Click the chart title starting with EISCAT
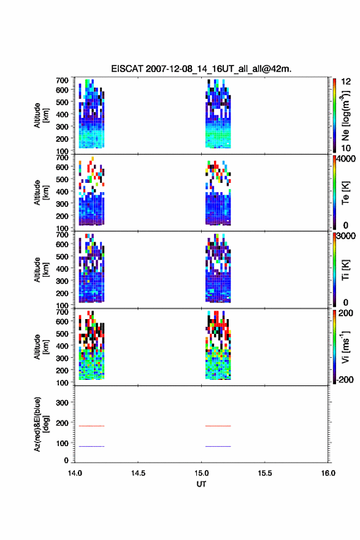pos(201,69)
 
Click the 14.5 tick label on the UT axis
pos(138,473)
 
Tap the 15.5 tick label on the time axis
pos(265,473)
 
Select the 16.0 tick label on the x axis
pos(328,473)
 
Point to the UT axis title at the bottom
pos(201,484)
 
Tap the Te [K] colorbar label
pos(345,193)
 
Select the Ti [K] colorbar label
pos(345,270)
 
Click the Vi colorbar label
pos(345,347)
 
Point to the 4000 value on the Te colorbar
pos(346,159)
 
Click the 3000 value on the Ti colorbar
pos(346,236)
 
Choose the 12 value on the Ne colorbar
pos(346,82)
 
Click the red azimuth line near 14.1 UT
pos(91,426)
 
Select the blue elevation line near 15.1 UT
pos(218,446)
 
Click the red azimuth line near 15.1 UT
pos(218,426)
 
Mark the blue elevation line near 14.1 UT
pos(91,446)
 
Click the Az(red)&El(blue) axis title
pos(41,424)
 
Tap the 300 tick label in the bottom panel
pos(62,403)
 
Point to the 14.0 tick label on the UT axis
pos(75,473)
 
